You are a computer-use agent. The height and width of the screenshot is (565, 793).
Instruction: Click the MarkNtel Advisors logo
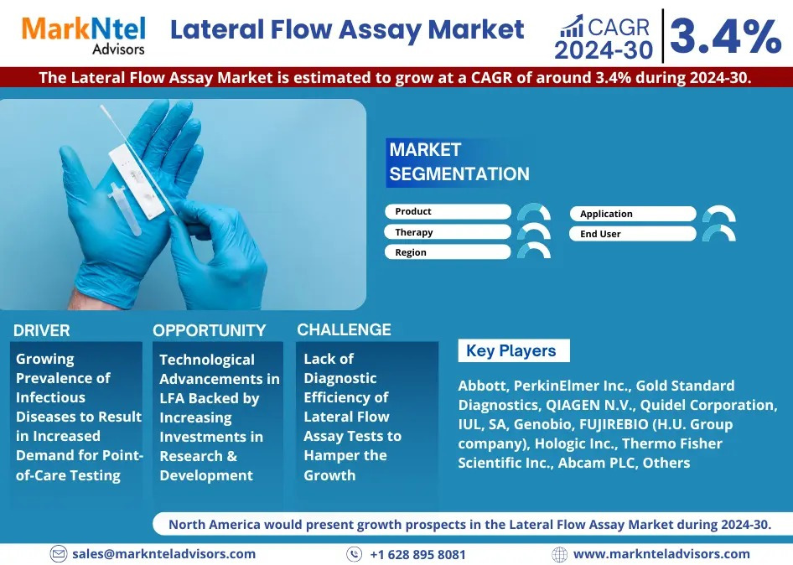coord(84,35)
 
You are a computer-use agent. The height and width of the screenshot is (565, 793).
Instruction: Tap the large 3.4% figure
coord(726,36)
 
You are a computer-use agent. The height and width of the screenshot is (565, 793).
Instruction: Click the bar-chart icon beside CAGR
coord(572,26)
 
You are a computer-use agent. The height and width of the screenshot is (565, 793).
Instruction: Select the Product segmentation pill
coord(448,211)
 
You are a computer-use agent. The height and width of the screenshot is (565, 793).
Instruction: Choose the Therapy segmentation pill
coord(448,232)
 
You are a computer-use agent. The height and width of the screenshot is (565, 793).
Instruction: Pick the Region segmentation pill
coord(448,252)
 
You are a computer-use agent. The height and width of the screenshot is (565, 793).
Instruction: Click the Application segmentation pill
coord(633,214)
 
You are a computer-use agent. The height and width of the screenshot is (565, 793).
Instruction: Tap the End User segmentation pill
coord(633,234)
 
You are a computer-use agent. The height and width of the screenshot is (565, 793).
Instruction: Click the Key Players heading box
coord(514,350)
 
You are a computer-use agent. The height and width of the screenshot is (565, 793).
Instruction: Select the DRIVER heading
coord(41,331)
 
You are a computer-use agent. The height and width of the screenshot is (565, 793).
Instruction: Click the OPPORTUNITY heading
coord(210,331)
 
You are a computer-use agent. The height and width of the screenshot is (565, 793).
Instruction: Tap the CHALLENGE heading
coord(344,329)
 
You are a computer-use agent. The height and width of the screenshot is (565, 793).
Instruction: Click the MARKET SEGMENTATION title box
coord(459,163)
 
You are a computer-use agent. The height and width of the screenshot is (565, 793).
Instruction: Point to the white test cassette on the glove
coord(137,180)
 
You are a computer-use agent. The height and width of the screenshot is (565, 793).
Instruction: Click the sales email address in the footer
coord(163,554)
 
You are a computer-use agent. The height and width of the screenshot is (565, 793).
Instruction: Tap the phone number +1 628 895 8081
coord(417,554)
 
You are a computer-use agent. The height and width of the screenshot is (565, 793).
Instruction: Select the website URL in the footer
coord(661,554)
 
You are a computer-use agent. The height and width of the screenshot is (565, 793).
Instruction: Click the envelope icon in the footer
coord(58,554)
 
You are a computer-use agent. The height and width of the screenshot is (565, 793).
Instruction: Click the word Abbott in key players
coord(482,386)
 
